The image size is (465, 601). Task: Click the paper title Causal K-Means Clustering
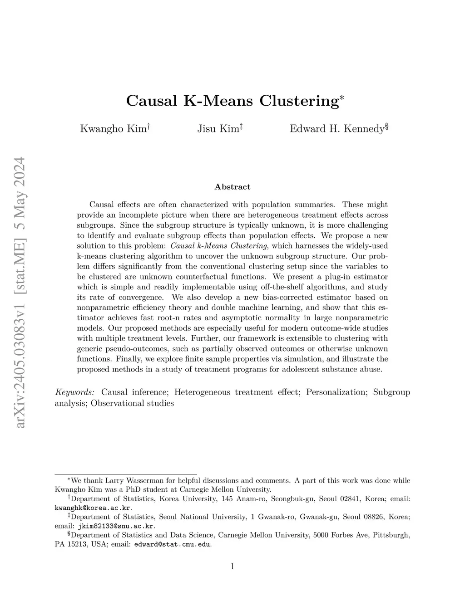coord(232,100)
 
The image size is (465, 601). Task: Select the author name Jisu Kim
coord(218,129)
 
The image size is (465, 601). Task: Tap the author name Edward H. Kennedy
coord(337,129)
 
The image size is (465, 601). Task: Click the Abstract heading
coord(232,187)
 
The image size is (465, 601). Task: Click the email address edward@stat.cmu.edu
coord(173,544)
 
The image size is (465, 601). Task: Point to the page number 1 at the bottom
coord(232,566)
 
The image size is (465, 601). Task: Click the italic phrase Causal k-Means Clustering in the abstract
coord(218,246)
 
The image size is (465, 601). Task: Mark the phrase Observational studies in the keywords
coord(132,403)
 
